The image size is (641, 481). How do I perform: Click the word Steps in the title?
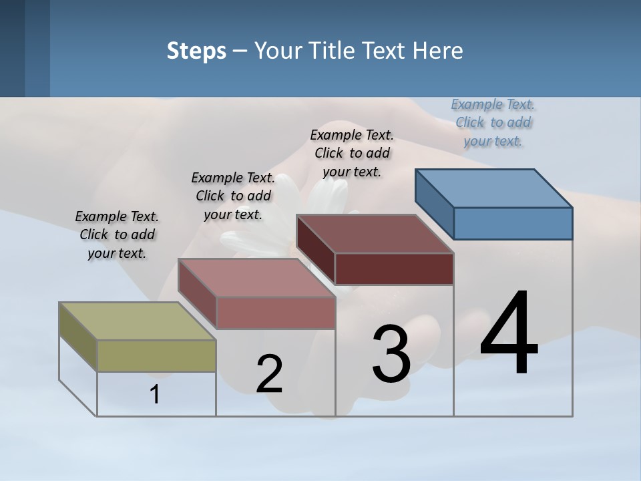[196, 51]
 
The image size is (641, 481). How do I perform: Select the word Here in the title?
[439, 51]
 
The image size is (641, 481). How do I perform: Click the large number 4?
[509, 334]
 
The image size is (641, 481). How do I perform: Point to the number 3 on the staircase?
[391, 354]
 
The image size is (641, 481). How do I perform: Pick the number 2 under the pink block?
[269, 374]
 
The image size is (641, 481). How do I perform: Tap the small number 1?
[155, 394]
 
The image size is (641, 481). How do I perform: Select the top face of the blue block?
[494, 188]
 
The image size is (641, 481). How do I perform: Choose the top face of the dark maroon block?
[375, 234]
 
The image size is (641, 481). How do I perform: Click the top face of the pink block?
[256, 278]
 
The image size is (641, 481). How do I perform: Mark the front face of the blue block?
[513, 223]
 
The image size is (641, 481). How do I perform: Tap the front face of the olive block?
[156, 355]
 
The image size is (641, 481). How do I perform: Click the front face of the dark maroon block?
[394, 269]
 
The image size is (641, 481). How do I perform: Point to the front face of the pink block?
[275, 313]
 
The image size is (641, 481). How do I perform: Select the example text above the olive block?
[117, 234]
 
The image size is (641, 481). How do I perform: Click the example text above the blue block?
[493, 122]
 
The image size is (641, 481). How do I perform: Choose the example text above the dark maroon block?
[352, 153]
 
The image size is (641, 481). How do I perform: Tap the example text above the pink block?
[233, 196]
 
